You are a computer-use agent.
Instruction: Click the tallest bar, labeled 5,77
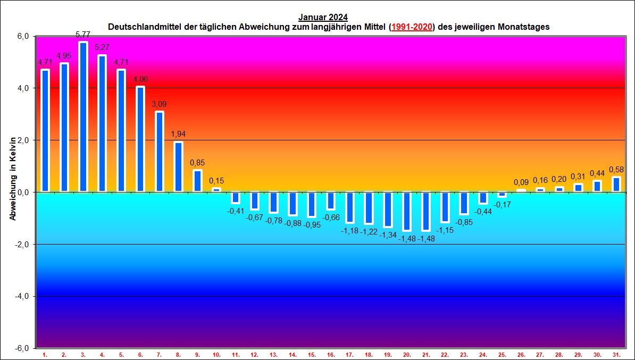[83, 116]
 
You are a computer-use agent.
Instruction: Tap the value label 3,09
[159, 104]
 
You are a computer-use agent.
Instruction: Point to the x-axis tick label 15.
[312, 354]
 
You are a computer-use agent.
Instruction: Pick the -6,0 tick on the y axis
[23, 348]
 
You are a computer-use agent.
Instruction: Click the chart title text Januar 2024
[323, 17]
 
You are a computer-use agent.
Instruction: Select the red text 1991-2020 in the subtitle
[412, 26]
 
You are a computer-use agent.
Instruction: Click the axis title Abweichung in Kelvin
[13, 178]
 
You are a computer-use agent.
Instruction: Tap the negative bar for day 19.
[388, 210]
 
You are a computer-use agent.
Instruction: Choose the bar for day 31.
[616, 184]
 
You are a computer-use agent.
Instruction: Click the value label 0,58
[616, 170]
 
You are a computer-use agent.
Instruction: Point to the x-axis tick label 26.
[521, 354]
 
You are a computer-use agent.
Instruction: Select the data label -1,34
[388, 235]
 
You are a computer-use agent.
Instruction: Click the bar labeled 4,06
[140, 139]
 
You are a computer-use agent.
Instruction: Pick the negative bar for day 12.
[255, 200]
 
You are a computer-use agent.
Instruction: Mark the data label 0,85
[197, 163]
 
